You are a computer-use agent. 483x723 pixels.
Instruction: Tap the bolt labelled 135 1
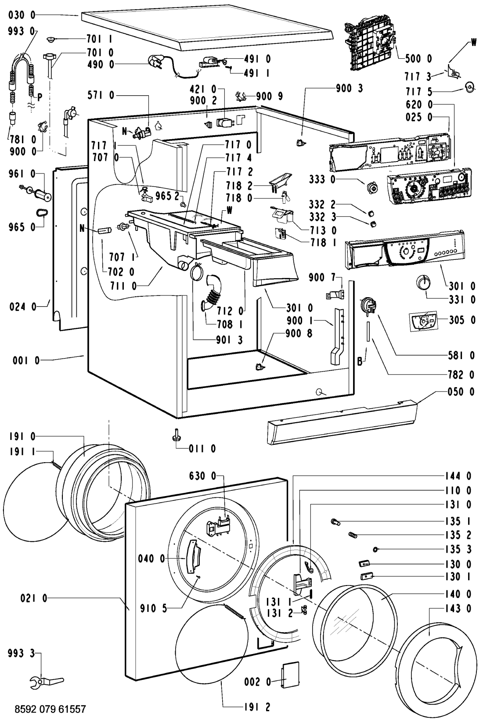click(336, 522)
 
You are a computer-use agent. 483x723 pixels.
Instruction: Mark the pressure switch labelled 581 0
click(367, 305)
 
